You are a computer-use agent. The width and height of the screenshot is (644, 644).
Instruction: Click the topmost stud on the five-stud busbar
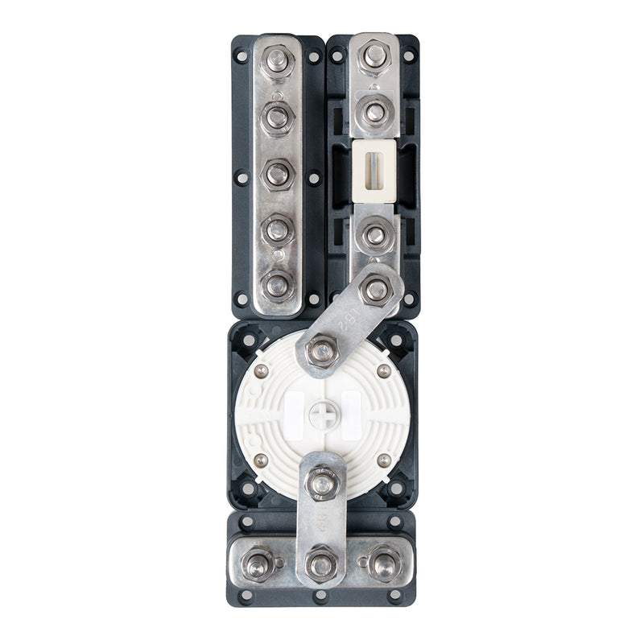click(278, 60)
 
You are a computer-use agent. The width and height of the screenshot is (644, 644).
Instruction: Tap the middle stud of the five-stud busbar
click(278, 173)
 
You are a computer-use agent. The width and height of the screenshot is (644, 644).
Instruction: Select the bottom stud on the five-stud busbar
click(278, 284)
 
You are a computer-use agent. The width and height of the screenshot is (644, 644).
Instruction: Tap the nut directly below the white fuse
click(374, 235)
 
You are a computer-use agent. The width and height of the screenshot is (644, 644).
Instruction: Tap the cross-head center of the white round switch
click(320, 415)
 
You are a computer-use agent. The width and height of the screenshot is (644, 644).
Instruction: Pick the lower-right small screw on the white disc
click(383, 461)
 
